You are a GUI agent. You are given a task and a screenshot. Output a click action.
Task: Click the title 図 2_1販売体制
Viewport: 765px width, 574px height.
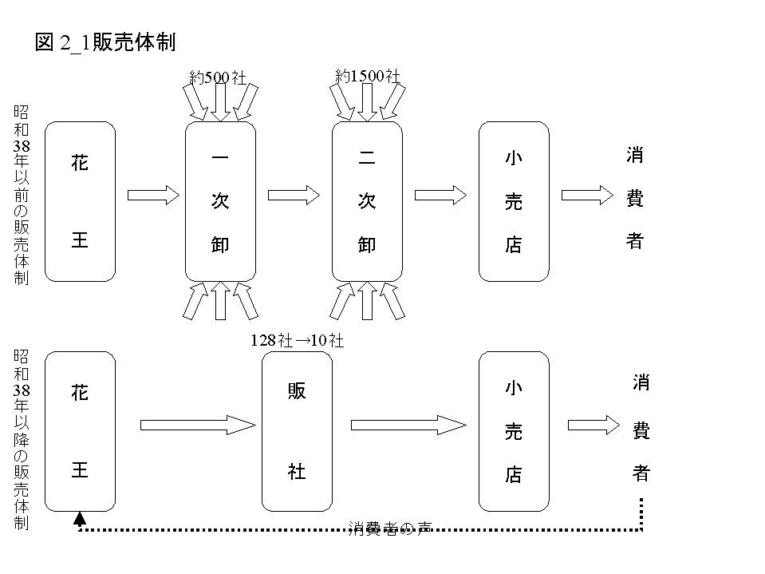[x=105, y=43]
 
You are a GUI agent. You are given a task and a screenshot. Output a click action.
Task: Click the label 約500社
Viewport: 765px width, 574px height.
[x=219, y=77]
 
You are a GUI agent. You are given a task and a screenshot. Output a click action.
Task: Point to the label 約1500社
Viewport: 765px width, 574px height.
[x=367, y=76]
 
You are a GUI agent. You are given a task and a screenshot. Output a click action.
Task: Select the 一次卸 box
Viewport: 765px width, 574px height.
[x=220, y=201]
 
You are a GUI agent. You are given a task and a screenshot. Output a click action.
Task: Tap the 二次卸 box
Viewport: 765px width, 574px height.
[x=367, y=201]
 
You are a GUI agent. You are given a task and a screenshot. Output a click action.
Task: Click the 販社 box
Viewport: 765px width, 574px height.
[x=297, y=431]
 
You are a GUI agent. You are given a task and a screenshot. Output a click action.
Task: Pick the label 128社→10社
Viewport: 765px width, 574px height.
[x=297, y=340]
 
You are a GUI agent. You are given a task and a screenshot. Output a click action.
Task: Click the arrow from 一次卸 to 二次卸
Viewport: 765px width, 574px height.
[x=294, y=195]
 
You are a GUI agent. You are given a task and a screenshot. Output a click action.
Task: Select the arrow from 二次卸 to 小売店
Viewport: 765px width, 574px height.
[x=440, y=195]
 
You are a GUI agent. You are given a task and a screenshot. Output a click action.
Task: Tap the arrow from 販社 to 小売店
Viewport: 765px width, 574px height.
[x=408, y=425]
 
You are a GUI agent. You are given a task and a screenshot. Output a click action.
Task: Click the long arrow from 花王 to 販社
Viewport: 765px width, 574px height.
[x=196, y=425]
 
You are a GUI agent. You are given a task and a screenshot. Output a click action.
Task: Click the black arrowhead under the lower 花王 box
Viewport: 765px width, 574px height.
[x=80, y=520]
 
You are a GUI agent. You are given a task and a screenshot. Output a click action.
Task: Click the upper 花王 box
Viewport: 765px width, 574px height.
[x=80, y=201]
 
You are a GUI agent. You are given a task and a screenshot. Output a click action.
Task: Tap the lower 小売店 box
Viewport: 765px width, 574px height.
[x=514, y=431]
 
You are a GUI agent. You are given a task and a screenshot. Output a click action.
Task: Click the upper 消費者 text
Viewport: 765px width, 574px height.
[x=635, y=199]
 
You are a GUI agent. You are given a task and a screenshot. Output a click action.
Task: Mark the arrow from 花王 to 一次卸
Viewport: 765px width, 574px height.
[x=152, y=195]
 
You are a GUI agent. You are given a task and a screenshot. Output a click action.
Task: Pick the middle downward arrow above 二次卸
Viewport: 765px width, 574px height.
[x=367, y=102]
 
